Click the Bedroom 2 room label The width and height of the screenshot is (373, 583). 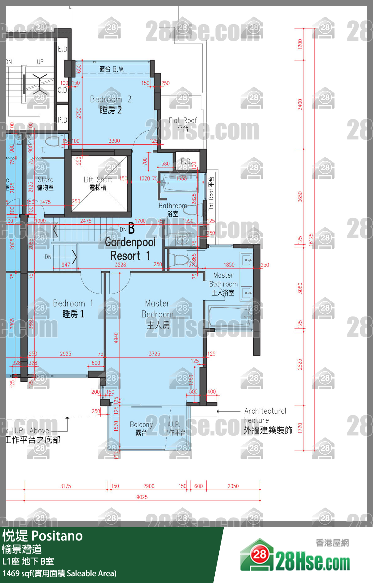111,105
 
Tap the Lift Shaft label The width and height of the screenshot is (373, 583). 98,183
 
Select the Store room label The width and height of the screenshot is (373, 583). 45,183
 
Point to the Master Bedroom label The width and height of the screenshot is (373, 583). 157,314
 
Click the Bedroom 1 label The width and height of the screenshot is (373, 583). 73,309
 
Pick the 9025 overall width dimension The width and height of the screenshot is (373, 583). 142,497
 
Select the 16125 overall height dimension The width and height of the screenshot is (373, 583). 311,240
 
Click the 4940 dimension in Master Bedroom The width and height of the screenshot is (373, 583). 116,338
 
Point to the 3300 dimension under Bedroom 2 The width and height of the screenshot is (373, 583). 114,141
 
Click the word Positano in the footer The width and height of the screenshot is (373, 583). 57,536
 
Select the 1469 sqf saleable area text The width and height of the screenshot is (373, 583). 59,573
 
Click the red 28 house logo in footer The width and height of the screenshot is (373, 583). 260,554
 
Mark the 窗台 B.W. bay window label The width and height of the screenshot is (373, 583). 112,69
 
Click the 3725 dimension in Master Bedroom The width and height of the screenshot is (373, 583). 154,354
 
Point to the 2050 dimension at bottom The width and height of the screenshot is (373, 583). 233,486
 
